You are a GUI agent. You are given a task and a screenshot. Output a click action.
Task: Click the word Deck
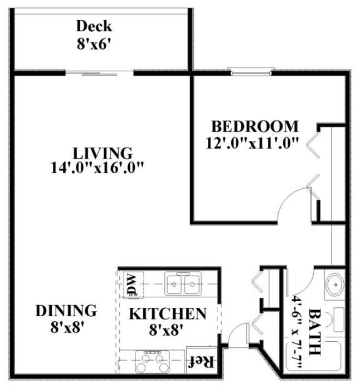coord(94,26)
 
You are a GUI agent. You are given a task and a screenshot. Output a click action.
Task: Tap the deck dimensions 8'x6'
coord(94,45)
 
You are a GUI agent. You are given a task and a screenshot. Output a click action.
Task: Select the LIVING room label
coord(103,153)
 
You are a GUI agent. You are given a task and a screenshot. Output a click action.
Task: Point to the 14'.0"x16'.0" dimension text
coord(97,168)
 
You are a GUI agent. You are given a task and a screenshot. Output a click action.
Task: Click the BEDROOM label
coord(255,126)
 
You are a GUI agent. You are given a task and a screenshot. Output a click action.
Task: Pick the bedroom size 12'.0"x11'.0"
coord(252,143)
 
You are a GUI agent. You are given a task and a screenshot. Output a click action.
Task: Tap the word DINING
coord(66,311)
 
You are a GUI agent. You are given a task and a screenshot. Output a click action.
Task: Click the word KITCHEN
coord(168,314)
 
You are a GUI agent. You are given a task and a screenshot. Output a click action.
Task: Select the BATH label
coord(315,332)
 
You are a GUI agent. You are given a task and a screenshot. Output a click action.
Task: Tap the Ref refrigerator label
coord(201,362)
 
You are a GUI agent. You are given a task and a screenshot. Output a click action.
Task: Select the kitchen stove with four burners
coord(152,362)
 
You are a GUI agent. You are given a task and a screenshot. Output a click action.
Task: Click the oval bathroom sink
coord(335,285)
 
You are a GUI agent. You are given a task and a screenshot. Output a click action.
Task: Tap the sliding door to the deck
coord(100,73)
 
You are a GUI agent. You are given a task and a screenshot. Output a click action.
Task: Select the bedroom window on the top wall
coord(251,71)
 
